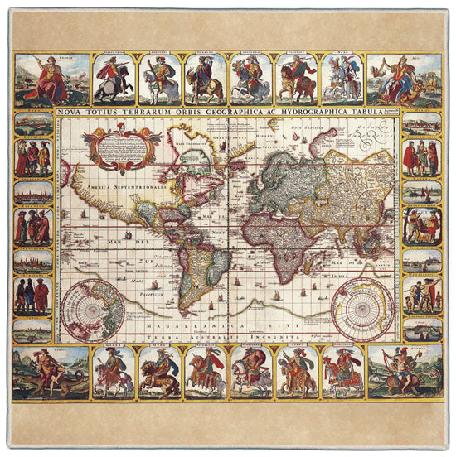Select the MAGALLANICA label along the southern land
tap(178, 329)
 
